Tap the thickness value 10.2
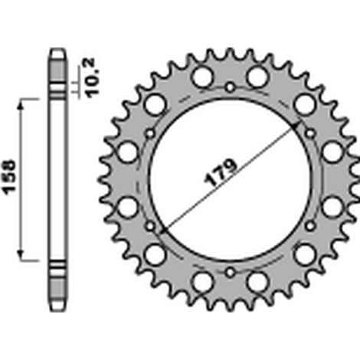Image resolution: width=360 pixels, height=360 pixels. tap(92, 78)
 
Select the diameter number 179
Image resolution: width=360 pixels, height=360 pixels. tap(221, 172)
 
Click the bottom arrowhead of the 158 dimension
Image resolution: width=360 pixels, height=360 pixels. tap(21, 254)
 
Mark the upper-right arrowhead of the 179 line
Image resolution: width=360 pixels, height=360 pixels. tap(294, 126)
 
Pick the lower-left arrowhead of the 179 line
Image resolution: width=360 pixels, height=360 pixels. tap(164, 231)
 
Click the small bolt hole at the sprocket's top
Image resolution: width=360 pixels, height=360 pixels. tap(230, 87)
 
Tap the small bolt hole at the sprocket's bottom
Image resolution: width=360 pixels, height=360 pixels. tap(230, 273)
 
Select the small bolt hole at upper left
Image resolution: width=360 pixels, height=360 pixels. tap(150, 133)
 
